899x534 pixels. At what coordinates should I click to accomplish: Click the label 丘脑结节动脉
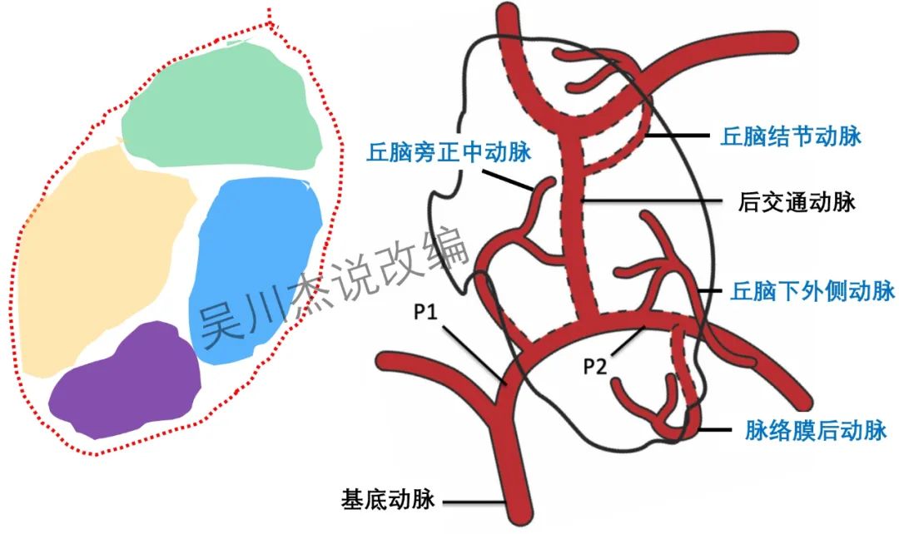click(x=790, y=136)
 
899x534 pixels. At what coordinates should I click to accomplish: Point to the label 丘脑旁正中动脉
click(x=449, y=151)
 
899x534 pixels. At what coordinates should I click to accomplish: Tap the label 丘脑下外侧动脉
click(x=812, y=291)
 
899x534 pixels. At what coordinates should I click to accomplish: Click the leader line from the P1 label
click(x=474, y=354)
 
